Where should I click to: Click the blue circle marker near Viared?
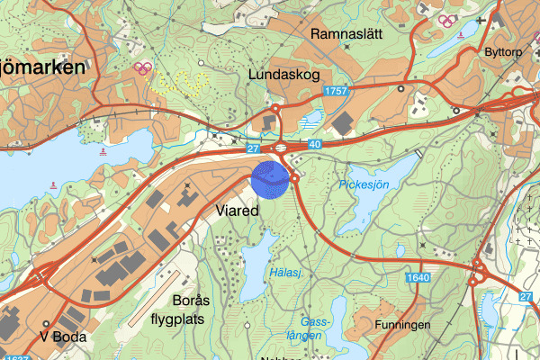(269, 178)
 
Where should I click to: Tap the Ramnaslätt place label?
(346, 34)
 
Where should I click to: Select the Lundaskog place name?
(287, 75)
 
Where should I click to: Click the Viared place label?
(238, 210)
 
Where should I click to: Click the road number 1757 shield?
(337, 92)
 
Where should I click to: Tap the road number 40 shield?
(313, 143)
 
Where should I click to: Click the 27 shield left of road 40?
(254, 146)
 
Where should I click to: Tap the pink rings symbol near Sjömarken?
(141, 67)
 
